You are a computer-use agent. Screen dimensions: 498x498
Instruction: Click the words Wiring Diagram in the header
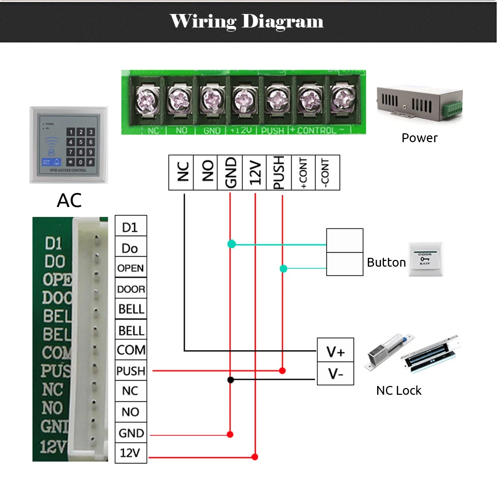click(247, 21)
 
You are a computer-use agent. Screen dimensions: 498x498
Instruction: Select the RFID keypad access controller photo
click(68, 145)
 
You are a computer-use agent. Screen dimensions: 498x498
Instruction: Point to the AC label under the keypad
click(70, 200)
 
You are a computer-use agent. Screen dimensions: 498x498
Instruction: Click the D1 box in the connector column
click(130, 226)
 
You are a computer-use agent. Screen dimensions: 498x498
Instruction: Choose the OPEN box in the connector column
click(130, 268)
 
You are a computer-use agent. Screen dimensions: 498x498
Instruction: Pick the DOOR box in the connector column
click(130, 289)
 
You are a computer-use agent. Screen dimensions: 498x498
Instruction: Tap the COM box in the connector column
click(130, 350)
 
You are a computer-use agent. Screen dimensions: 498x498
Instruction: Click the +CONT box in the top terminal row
click(303, 172)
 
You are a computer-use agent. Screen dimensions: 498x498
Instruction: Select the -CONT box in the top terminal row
click(327, 172)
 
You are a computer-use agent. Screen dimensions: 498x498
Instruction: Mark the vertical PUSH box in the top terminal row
click(279, 172)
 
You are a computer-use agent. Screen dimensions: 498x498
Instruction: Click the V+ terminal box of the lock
click(335, 352)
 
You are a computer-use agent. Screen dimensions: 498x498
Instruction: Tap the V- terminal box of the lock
click(335, 374)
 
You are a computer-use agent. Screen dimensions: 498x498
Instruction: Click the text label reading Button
click(386, 262)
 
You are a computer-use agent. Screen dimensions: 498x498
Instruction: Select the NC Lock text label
click(398, 391)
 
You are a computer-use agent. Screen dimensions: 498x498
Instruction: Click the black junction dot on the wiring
click(230, 380)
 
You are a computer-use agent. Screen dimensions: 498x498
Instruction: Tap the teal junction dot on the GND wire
click(231, 243)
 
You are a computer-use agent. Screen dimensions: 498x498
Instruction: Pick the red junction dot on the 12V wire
click(255, 457)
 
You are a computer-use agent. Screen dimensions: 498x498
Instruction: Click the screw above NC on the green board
click(146, 98)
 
